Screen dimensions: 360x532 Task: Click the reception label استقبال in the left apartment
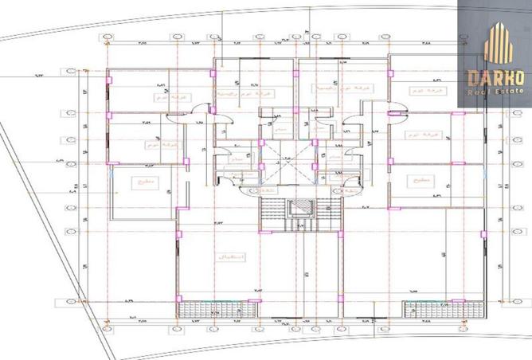[x=227, y=257]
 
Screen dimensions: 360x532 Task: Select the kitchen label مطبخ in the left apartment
[x=145, y=184]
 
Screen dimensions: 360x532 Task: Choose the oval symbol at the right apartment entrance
[x=348, y=192]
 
